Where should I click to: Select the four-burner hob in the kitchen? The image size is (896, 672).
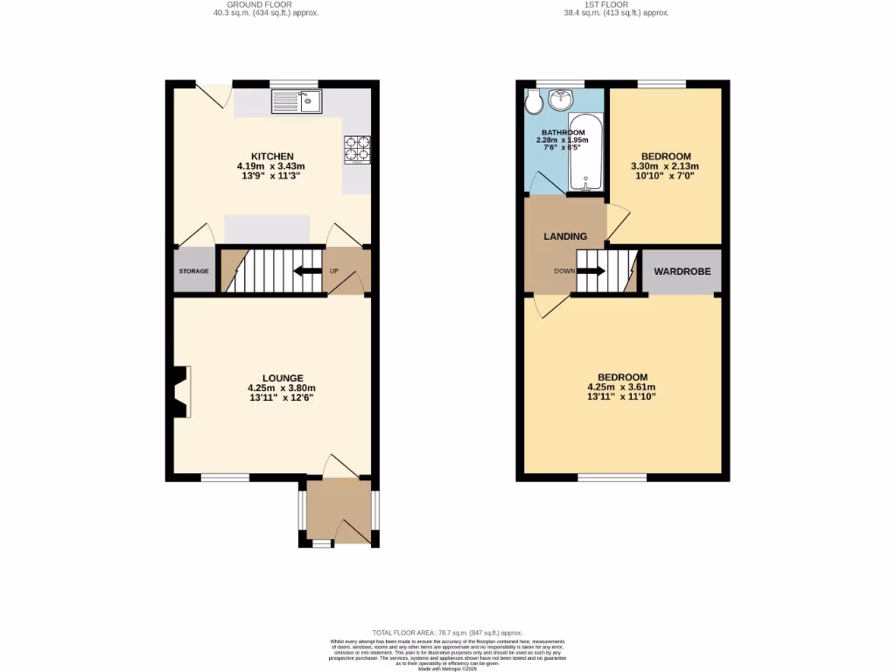(356, 149)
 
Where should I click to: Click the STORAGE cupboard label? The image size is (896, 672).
(194, 271)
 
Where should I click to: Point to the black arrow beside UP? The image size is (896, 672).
(306, 271)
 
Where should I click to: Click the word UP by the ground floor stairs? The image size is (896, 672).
(334, 271)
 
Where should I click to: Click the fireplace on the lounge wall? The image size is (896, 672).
(181, 391)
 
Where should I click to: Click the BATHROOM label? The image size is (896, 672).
(562, 133)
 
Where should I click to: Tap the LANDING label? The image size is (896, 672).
(565, 236)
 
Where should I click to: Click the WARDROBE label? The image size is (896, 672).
(682, 272)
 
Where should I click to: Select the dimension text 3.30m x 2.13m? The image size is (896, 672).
(666, 166)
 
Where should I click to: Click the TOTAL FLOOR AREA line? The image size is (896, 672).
(447, 633)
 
